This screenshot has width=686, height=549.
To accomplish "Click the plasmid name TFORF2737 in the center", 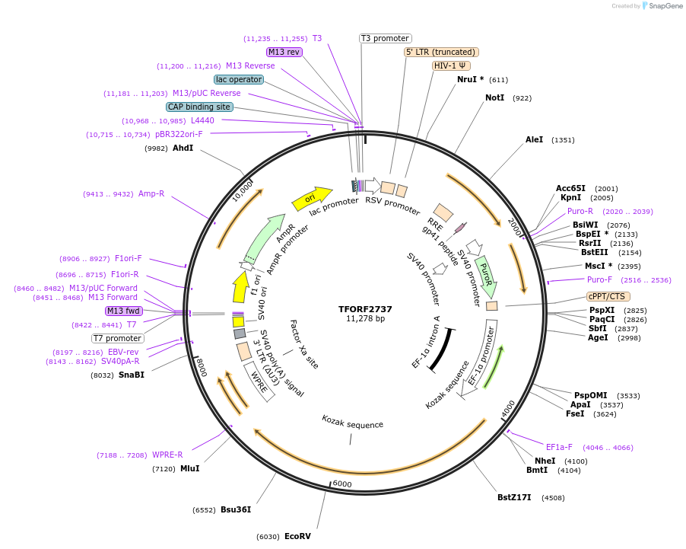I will (365, 309).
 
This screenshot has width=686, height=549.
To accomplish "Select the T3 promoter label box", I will (385, 38).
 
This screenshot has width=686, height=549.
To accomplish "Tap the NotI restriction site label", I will (494, 97).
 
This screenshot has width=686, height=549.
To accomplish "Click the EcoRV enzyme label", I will (297, 536).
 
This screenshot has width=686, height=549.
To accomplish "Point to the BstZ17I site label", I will (514, 498).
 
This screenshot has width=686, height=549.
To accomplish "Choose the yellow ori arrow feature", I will (312, 199).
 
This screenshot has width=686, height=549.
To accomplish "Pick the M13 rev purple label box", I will (284, 52).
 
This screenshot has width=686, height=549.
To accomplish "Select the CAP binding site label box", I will (199, 107).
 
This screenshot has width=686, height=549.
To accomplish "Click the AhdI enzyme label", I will (183, 148).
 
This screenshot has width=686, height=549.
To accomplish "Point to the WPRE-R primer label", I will (167, 455).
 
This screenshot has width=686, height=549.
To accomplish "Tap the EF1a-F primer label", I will (558, 447).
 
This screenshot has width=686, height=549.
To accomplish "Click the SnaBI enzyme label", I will (131, 375).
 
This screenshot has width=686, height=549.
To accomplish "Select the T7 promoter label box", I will (118, 338).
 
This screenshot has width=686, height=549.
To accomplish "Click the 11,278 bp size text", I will (365, 319).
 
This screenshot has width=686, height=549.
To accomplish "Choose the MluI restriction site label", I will (189, 468).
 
